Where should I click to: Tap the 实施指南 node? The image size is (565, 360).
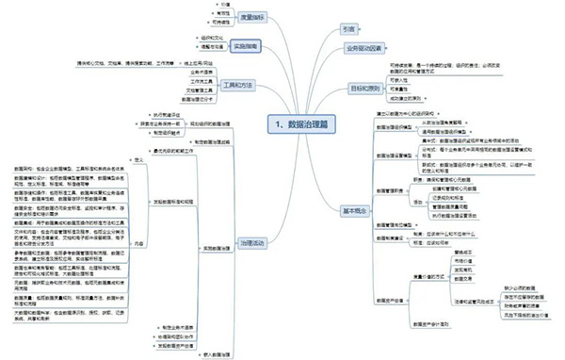247,44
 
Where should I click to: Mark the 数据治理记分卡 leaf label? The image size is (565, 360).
198,99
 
